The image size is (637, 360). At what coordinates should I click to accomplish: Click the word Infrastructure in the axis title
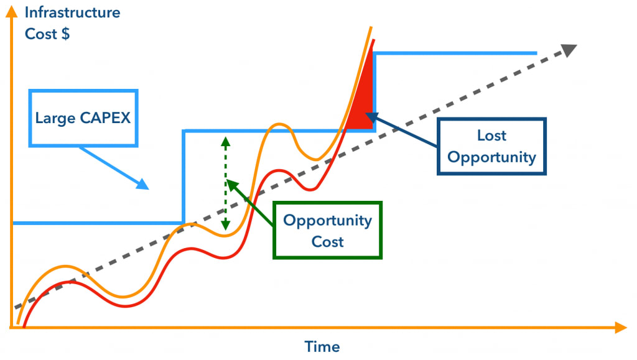coord(72,12)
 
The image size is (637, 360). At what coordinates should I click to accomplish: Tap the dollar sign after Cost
coord(65,34)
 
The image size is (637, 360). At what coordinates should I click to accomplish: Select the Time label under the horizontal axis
coord(322,346)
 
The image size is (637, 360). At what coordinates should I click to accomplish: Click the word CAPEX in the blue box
coord(105,118)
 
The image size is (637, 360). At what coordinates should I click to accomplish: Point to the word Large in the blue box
coord(55,119)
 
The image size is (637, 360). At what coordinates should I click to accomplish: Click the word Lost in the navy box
coord(491,135)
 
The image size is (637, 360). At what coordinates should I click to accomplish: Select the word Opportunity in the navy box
coord(491,157)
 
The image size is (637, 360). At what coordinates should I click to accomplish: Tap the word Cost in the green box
coord(327,242)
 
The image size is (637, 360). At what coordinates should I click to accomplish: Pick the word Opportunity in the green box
coord(327,221)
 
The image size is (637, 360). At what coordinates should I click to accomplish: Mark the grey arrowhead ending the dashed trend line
coord(569,50)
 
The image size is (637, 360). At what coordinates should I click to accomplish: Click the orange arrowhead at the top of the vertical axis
coord(12,11)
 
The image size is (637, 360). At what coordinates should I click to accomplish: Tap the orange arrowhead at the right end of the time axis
coord(621,328)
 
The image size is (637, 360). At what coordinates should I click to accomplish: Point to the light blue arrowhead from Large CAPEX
coord(142,185)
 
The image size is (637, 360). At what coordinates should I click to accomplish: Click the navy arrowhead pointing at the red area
coord(372,118)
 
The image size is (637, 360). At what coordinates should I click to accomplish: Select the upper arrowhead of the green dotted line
coord(225,141)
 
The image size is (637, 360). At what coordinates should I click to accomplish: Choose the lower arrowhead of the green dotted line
coord(225,226)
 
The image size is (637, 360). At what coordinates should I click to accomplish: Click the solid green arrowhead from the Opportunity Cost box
coord(231,185)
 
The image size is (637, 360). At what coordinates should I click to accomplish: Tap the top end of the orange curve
coord(371,27)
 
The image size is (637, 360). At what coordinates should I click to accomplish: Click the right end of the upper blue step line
coord(536,53)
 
